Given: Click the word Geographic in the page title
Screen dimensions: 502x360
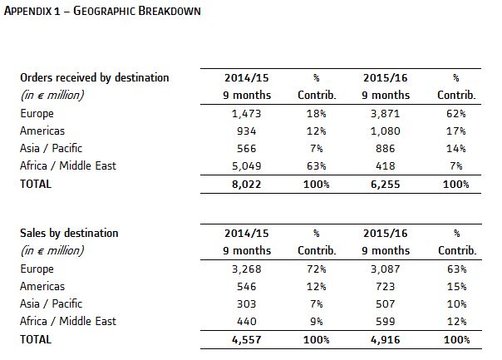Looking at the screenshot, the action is [105, 11].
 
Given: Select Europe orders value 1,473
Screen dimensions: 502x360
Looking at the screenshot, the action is [247, 114].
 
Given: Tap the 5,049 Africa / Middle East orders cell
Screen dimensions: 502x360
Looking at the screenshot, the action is [247, 166].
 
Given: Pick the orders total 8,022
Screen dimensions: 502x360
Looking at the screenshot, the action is [247, 185].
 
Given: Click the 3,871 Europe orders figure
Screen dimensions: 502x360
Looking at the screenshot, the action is [386, 114].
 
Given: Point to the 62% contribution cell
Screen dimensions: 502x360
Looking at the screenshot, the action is [456, 114].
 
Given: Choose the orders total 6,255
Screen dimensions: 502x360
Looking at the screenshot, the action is [386, 185].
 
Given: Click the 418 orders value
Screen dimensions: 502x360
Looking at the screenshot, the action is [386, 166].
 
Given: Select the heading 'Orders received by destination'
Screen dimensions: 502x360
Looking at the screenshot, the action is [95, 78].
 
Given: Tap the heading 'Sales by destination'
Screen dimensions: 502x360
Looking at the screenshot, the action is [69, 233].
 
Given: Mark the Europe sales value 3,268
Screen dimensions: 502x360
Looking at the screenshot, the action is [247, 269].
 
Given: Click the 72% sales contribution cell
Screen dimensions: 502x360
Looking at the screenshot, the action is [317, 269].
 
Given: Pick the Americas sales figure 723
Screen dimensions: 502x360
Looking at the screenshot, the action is [386, 286].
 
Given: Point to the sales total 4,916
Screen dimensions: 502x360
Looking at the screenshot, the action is [386, 340].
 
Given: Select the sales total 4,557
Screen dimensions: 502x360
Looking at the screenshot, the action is [247, 340].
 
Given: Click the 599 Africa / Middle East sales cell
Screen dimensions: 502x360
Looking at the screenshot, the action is [386, 321].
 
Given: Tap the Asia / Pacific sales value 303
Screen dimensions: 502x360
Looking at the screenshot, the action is [247, 304].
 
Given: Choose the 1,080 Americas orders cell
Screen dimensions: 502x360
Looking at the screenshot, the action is [386, 131].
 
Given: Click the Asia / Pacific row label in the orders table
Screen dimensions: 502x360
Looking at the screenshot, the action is [52, 148].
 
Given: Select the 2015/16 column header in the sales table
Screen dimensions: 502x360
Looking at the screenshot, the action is [386, 233].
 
